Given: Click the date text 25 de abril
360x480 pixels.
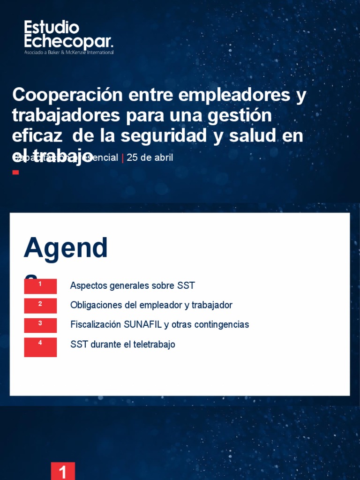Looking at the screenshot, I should (x=150, y=157).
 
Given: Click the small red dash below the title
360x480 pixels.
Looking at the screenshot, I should (x=15, y=172).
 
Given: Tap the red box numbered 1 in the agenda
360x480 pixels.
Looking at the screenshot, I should (x=40, y=286).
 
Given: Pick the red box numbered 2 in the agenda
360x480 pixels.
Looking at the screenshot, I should (x=40, y=306).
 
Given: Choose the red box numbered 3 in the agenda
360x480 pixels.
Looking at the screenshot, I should (x=40, y=325).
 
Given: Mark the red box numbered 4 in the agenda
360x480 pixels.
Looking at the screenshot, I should (x=40, y=347).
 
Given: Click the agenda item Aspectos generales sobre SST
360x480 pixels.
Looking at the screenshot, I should (x=132, y=285).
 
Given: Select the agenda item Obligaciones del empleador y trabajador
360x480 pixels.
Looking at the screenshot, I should (x=151, y=305).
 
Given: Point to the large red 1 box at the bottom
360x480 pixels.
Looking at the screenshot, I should (x=63, y=471).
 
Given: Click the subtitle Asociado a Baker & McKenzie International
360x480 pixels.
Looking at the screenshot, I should (x=69, y=52).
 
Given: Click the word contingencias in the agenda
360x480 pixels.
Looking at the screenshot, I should (x=222, y=324).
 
